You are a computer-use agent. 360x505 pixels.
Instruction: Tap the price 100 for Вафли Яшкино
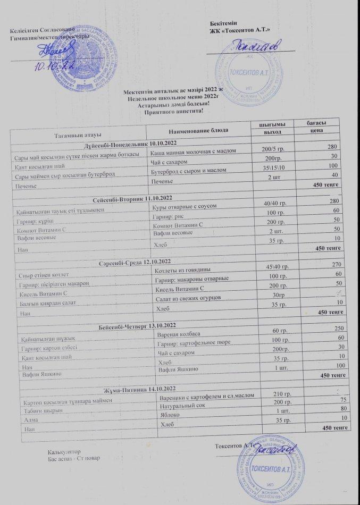[x=333, y=366]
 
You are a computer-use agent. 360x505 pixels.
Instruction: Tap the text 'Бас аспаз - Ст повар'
[x=70, y=457]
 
